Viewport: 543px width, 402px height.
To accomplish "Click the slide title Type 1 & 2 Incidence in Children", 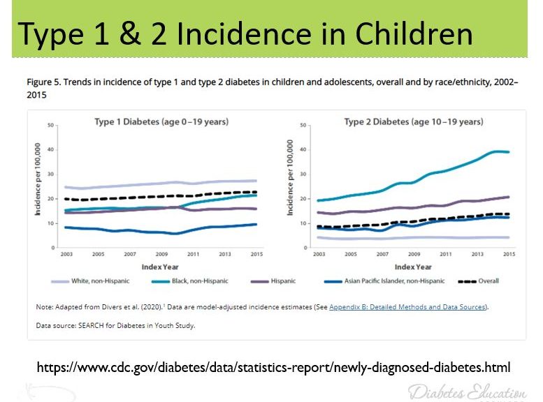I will (x=245, y=33).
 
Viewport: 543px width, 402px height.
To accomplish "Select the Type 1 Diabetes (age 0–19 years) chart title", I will (x=161, y=122).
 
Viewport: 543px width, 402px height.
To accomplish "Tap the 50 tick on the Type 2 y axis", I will (x=303, y=126).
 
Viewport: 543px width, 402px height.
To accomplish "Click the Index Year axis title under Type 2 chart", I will (x=413, y=266).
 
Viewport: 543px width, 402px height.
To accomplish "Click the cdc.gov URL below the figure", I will (x=273, y=366).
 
